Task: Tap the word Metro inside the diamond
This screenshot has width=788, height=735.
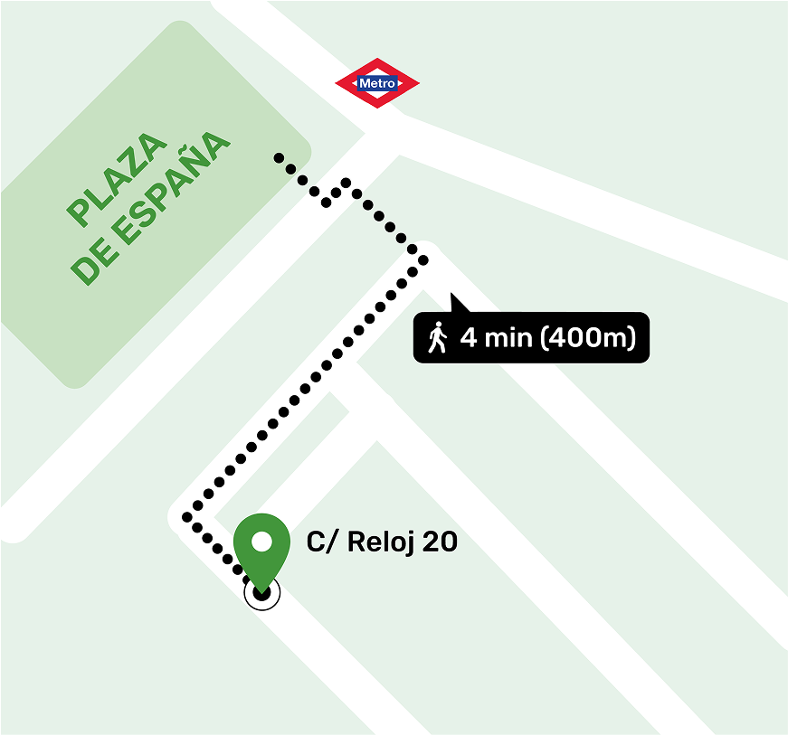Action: click(x=377, y=84)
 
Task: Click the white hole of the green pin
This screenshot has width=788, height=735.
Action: click(x=261, y=542)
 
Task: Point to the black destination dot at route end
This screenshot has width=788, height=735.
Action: click(x=262, y=593)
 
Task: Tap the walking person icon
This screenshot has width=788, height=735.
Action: click(x=438, y=337)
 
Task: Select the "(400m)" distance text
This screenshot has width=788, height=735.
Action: click(x=588, y=338)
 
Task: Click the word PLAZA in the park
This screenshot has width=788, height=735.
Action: click(x=119, y=181)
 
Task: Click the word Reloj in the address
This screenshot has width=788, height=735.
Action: click(x=378, y=542)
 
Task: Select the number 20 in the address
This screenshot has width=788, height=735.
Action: click(x=440, y=542)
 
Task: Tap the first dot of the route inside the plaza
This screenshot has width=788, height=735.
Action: click(x=279, y=157)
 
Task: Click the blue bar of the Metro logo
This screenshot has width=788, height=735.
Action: click(x=377, y=84)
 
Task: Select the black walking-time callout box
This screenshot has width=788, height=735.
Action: click(x=531, y=338)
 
